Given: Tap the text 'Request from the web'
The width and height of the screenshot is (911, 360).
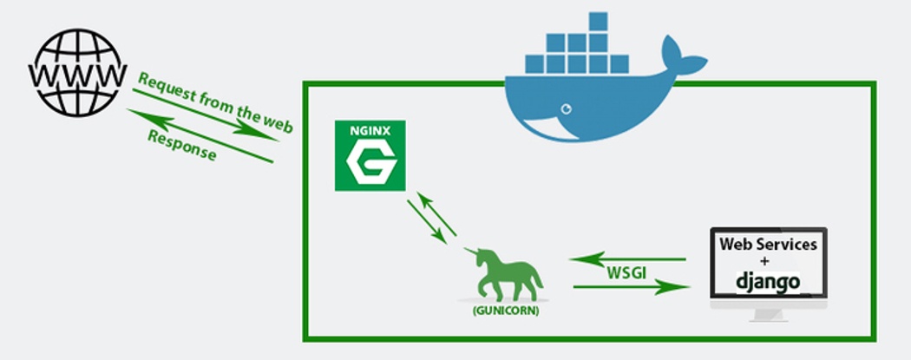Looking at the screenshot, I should pyautogui.click(x=215, y=102).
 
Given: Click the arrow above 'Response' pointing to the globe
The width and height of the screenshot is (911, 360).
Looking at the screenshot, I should pyautogui.click(x=200, y=136).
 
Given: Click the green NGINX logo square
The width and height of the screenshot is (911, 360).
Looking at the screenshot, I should pyautogui.click(x=370, y=156).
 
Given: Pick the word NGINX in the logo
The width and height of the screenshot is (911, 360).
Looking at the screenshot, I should pyautogui.click(x=370, y=132).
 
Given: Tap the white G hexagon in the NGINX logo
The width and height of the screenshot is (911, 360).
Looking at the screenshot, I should pyautogui.click(x=370, y=163).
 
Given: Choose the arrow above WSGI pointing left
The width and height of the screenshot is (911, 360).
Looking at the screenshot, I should pyautogui.click(x=626, y=258).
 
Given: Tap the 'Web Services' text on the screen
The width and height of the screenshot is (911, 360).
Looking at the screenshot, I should pyautogui.click(x=768, y=245).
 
